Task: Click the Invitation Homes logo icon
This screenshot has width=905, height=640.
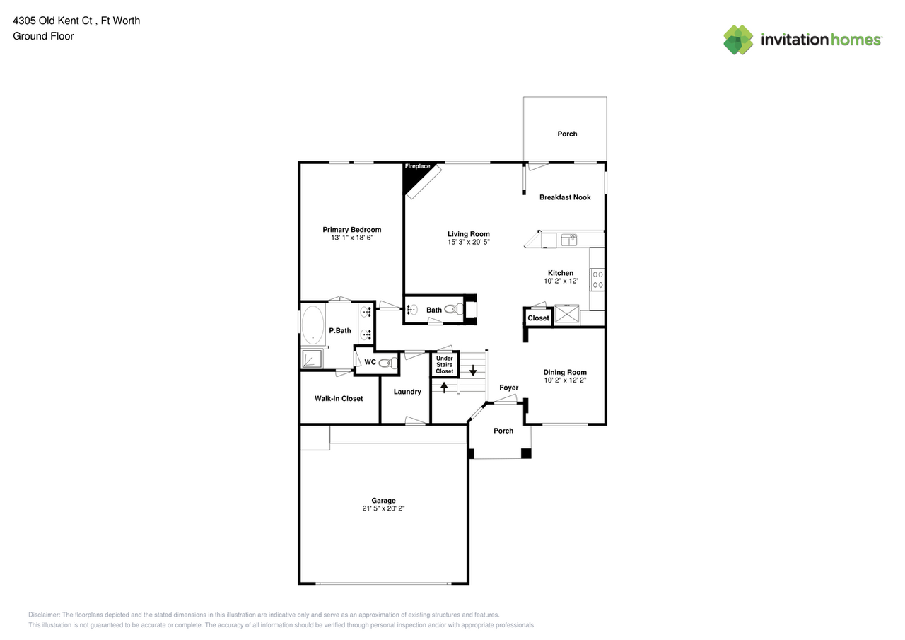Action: (x=738, y=40)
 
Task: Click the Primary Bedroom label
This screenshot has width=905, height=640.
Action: (x=351, y=230)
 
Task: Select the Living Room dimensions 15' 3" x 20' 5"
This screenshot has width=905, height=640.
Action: (x=468, y=242)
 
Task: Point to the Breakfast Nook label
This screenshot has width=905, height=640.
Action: (x=564, y=197)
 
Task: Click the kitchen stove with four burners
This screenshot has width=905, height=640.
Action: (x=597, y=279)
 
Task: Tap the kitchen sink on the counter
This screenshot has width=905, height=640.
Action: (x=569, y=240)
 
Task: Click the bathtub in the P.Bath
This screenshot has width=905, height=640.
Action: (x=313, y=325)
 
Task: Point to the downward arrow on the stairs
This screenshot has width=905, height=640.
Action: (x=473, y=370)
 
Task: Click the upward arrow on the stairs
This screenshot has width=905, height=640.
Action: (x=444, y=387)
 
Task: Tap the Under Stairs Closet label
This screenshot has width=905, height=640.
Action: (x=444, y=365)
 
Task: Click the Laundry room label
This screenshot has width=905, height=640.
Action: (x=407, y=392)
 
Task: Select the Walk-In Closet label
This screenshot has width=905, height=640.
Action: (x=339, y=399)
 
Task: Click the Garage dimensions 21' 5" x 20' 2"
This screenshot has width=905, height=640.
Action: (x=383, y=508)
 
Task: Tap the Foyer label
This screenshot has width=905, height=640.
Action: (x=508, y=388)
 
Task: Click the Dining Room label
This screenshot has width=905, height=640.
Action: (x=564, y=373)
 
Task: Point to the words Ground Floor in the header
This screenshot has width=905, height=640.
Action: (x=43, y=36)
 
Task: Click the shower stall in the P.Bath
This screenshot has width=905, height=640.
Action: (x=312, y=359)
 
